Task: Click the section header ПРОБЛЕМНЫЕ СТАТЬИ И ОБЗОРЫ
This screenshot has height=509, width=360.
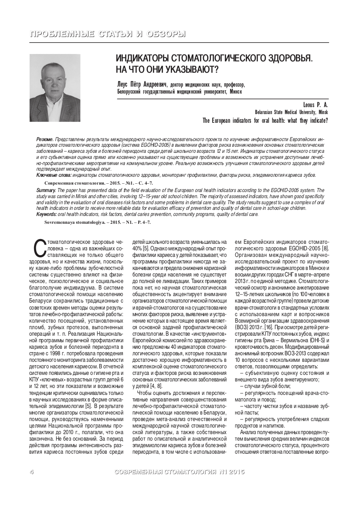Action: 107,34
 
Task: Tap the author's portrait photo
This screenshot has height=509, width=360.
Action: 55,88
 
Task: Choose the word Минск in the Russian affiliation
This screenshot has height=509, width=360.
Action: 235,92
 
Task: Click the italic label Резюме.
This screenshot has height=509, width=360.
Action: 45,138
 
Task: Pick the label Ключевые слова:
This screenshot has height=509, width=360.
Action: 54,175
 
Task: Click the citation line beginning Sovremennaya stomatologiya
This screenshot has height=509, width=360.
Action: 97,222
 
